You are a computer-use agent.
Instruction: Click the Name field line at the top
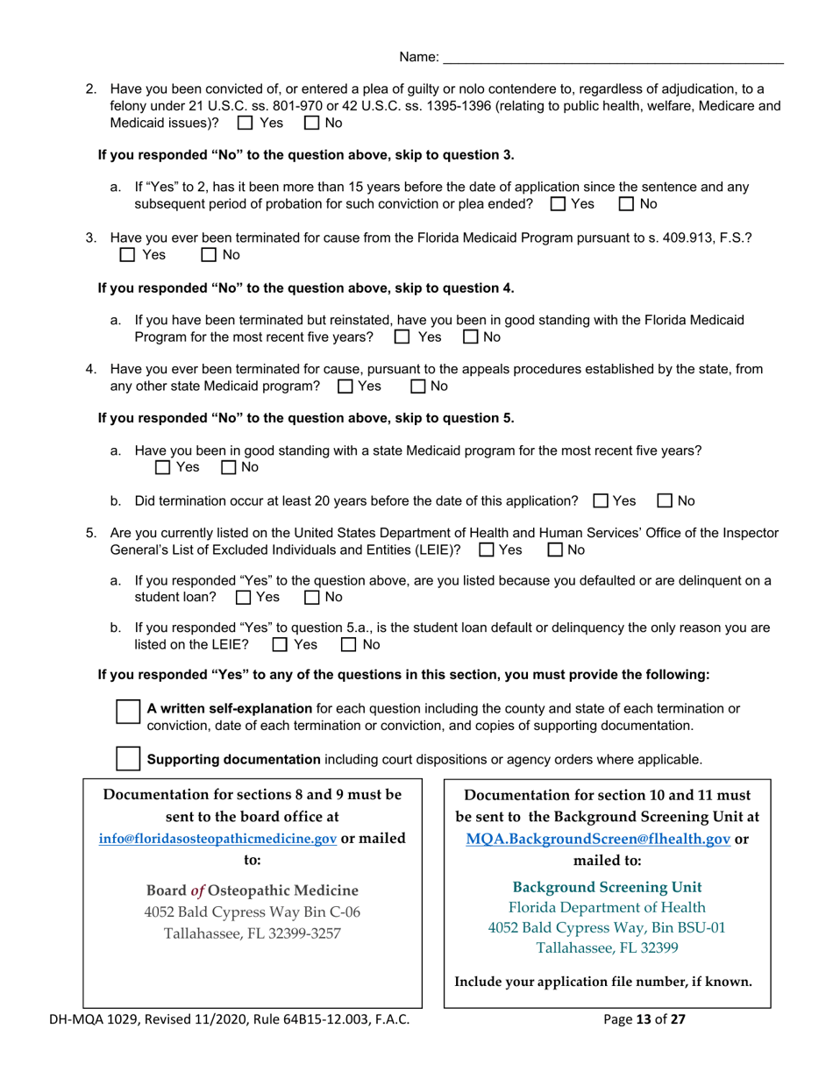click(613, 57)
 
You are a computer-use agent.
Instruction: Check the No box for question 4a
click(227, 468)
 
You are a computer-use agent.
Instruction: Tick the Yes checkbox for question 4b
click(600, 501)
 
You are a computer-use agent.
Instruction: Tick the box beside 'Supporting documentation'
click(128, 758)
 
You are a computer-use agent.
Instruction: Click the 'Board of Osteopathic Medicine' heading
click(253, 890)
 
